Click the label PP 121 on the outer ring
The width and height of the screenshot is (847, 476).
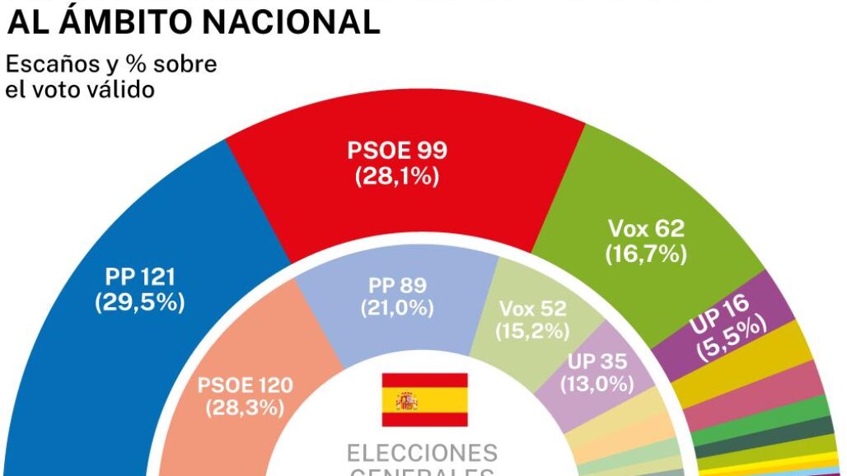pyautogui.click(x=140, y=277)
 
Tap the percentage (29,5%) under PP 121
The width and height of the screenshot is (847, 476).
pyautogui.click(x=140, y=302)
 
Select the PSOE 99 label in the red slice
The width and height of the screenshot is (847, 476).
pyautogui.click(x=397, y=151)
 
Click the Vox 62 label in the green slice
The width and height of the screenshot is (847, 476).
pyautogui.click(x=646, y=229)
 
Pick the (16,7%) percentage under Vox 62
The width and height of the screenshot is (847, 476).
pyautogui.click(x=646, y=254)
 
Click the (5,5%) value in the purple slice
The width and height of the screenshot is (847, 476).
pyautogui.click(x=732, y=336)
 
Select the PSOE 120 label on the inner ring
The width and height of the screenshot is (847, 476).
pyautogui.click(x=246, y=385)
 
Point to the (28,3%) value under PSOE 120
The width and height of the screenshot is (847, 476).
pyautogui.click(x=246, y=408)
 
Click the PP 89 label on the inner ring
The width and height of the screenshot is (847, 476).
pyautogui.click(x=397, y=286)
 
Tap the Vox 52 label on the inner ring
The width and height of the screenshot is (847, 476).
pyautogui.click(x=533, y=309)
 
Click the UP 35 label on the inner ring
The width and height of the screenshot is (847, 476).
pyautogui.click(x=597, y=361)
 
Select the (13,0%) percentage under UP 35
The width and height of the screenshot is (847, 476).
pyautogui.click(x=597, y=383)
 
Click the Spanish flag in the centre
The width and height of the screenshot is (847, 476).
pyautogui.click(x=424, y=399)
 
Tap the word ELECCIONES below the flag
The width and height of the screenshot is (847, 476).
pyautogui.click(x=422, y=453)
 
